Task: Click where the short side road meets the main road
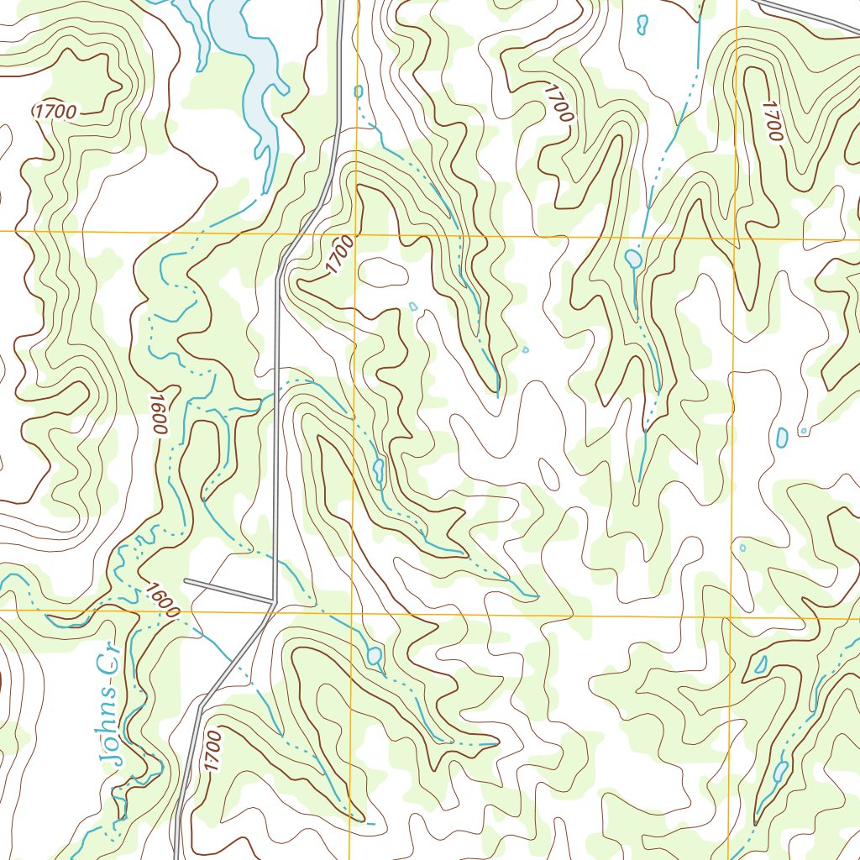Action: [274, 600]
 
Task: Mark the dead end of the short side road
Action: [186, 580]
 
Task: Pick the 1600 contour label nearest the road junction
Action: [160, 599]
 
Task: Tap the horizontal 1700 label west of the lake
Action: [55, 111]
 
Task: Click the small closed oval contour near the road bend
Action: [382, 271]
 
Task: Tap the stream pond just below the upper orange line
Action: [632, 258]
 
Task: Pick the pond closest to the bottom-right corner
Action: [780, 769]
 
